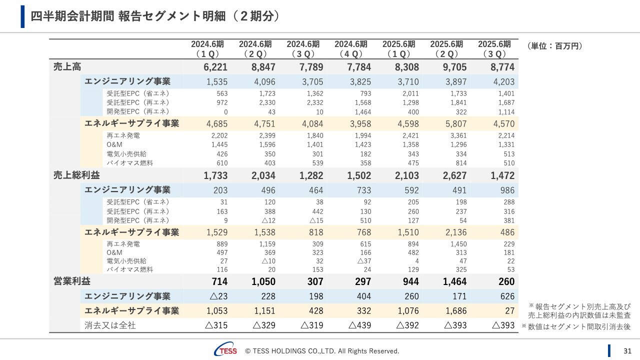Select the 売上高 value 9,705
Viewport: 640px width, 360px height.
[454, 67]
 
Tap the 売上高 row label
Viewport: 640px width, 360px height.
[67, 66]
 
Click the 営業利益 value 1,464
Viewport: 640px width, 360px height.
[454, 281]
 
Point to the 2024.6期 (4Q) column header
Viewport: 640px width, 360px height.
[350, 49]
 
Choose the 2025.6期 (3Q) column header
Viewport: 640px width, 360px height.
[494, 49]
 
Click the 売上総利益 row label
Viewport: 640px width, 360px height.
[76, 175]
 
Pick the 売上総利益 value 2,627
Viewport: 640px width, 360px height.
[454, 175]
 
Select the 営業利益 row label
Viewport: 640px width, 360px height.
[72, 281]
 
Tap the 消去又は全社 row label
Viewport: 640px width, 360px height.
[110, 325]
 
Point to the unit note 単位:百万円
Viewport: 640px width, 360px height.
[554, 46]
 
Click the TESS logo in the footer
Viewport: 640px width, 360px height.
[225, 350]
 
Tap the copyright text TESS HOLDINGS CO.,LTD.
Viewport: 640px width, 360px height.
[322, 351]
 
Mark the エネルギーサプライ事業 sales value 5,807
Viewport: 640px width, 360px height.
[455, 123]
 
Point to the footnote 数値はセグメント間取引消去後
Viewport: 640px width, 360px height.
[576, 326]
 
